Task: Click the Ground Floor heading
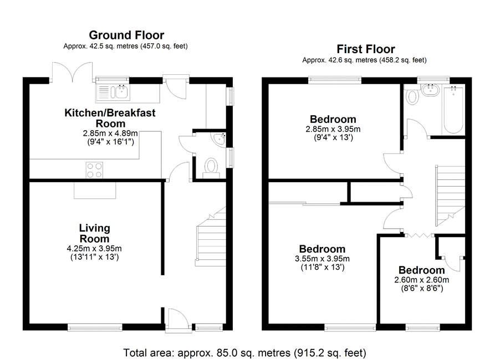tap(126, 35)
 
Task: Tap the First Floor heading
tap(365, 49)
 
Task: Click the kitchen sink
tap(113, 92)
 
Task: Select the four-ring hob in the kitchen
tap(94, 170)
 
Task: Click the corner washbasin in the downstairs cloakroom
tap(220, 140)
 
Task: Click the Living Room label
tap(94, 233)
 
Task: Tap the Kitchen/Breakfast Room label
tap(110, 117)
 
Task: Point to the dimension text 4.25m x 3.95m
tap(94, 249)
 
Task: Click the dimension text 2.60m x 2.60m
tap(421, 280)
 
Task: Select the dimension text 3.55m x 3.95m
tap(322, 259)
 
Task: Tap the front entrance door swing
tap(178, 320)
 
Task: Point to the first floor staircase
tap(450, 196)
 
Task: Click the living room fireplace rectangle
tap(95, 191)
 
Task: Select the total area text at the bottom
tap(244, 352)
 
